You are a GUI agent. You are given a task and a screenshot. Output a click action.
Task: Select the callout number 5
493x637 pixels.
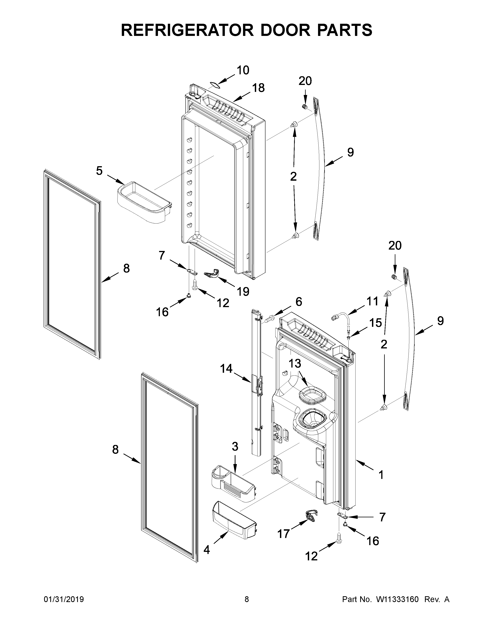(x=99, y=171)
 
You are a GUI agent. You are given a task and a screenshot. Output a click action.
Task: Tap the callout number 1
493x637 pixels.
(x=381, y=475)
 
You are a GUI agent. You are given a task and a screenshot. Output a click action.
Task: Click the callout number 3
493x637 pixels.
(x=235, y=446)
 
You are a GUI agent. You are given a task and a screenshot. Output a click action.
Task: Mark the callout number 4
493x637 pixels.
(x=206, y=550)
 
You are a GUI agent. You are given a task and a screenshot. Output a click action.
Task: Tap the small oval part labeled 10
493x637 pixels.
(x=215, y=85)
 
